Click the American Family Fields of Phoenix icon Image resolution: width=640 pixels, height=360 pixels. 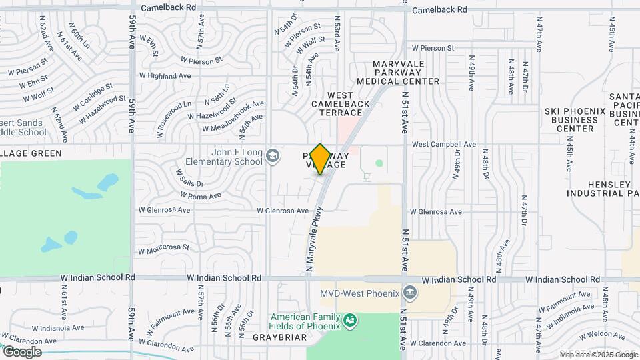click(x=349, y=321)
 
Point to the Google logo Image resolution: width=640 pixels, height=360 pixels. click(x=21, y=351)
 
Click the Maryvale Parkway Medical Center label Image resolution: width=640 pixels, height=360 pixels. click(x=407, y=73)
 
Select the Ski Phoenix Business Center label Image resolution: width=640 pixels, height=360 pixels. click(x=571, y=119)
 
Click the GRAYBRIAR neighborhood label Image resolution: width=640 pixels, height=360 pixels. click(x=279, y=337)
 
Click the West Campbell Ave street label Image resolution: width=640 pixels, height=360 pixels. click(x=443, y=144)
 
